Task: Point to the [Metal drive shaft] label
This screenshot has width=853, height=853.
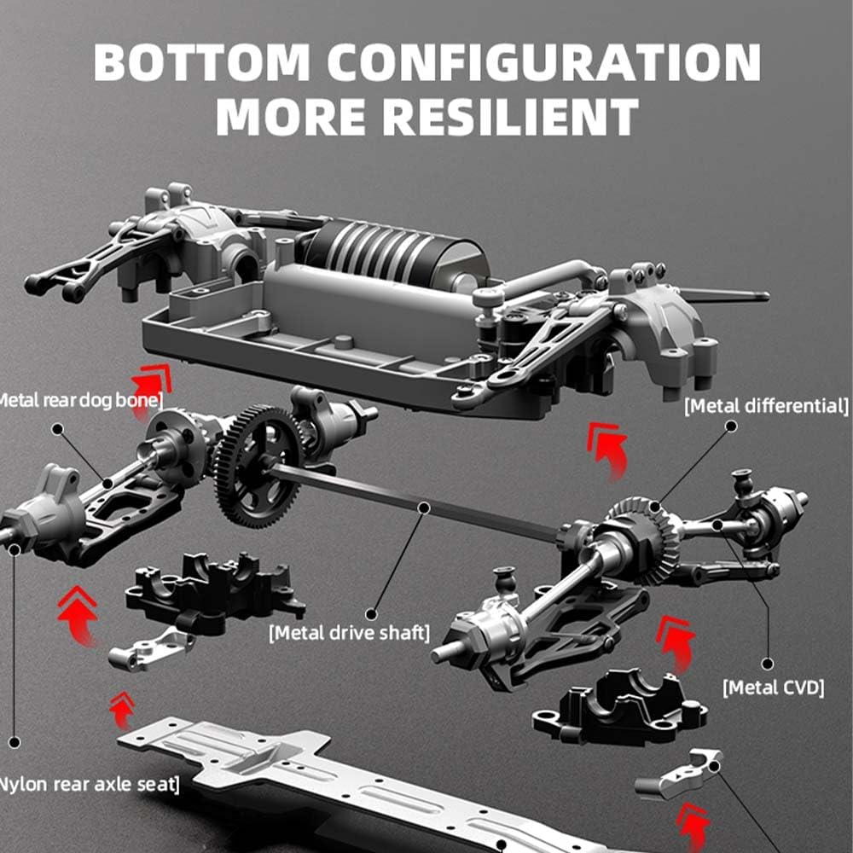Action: tap(349, 633)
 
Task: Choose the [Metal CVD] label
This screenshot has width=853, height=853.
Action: tap(774, 686)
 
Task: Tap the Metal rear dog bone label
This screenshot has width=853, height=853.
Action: tap(81, 398)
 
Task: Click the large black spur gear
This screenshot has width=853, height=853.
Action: tap(257, 466)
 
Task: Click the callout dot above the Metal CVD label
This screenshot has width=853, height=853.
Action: tap(767, 663)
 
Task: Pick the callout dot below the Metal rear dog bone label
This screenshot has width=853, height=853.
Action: tap(57, 428)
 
